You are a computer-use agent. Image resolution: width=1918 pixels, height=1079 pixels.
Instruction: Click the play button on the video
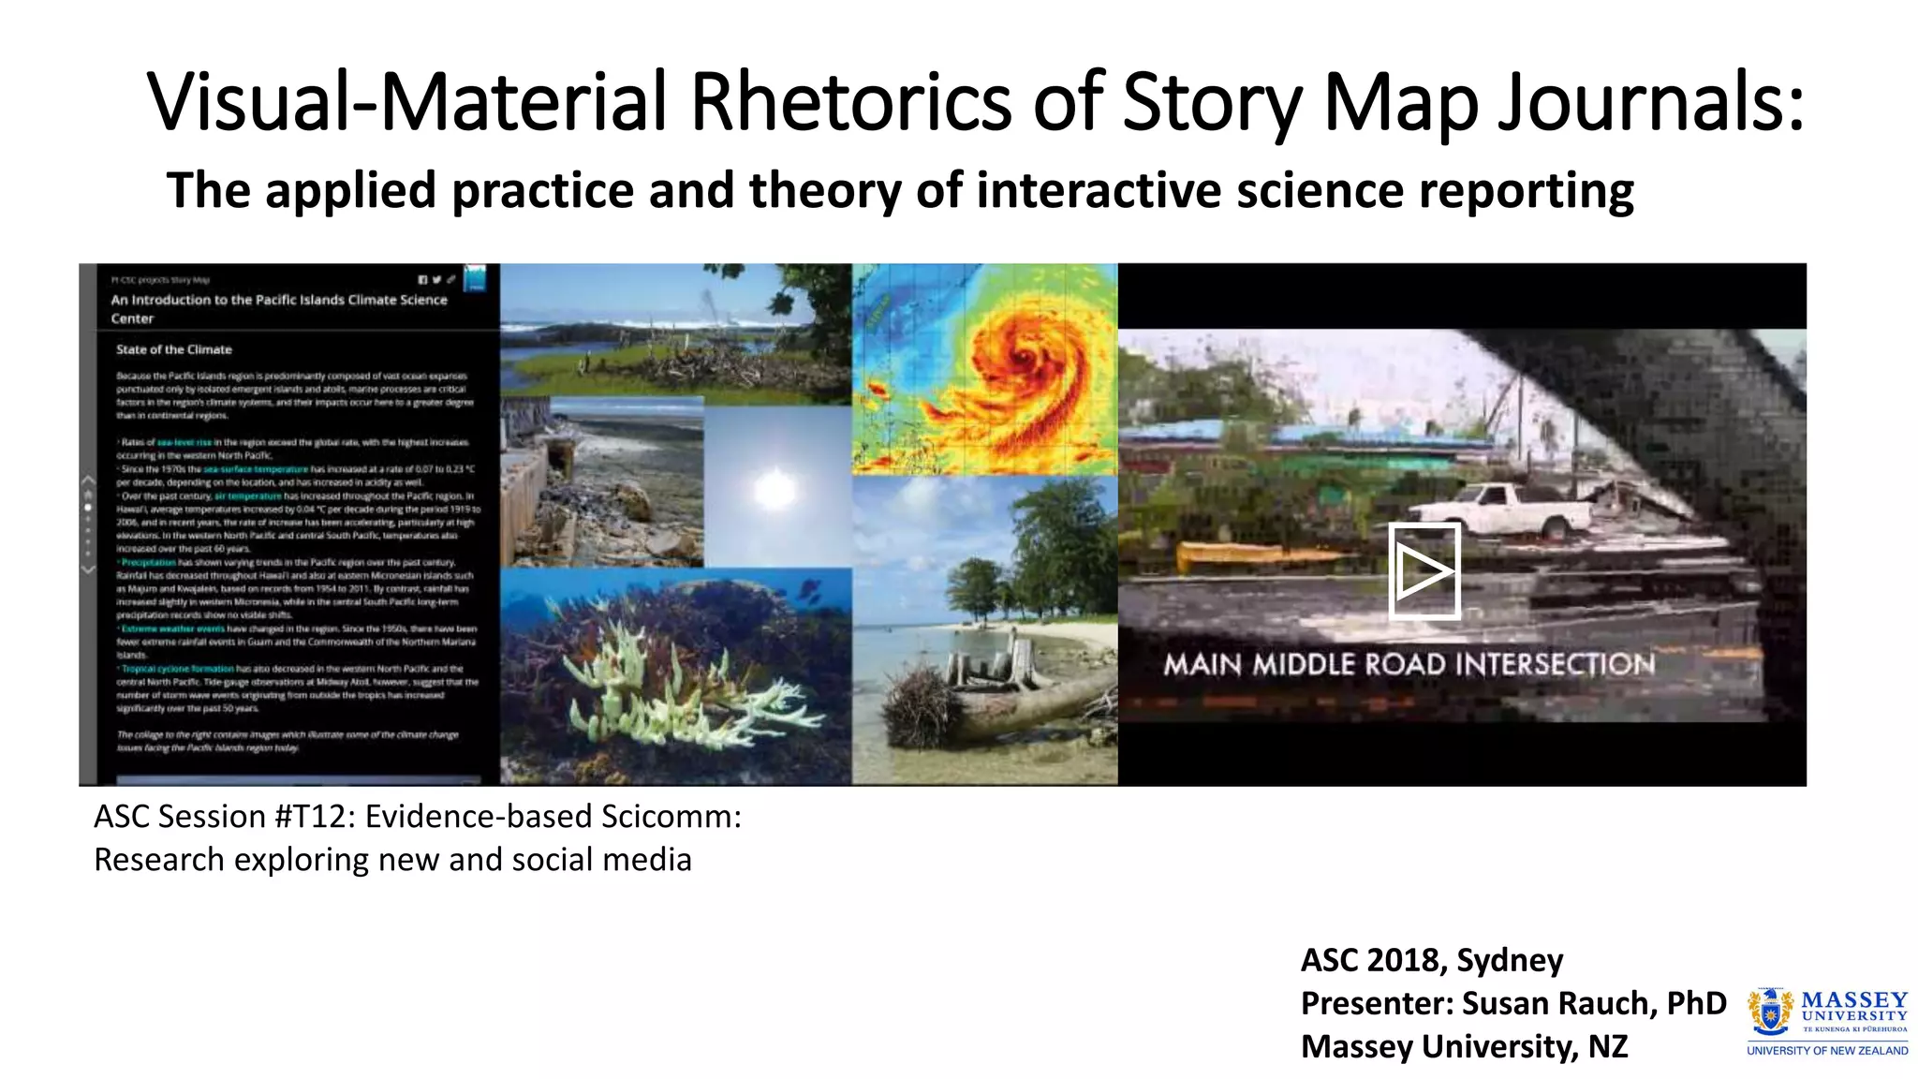[1424, 570]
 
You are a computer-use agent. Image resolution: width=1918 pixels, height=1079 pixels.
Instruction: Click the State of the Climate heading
[173, 349]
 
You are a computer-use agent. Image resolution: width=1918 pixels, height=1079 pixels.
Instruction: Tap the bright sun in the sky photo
[775, 487]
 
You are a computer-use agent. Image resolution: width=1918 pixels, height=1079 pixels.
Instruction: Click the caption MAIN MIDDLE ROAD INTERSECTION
[1409, 664]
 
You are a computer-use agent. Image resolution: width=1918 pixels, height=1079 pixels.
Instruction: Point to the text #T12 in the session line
[314, 817]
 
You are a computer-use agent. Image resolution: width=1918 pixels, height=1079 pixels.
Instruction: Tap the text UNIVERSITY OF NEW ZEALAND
[1826, 1051]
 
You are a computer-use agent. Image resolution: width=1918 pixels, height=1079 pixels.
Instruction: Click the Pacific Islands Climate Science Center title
[278, 309]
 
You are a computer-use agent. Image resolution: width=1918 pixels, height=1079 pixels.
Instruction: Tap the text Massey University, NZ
[1464, 1046]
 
